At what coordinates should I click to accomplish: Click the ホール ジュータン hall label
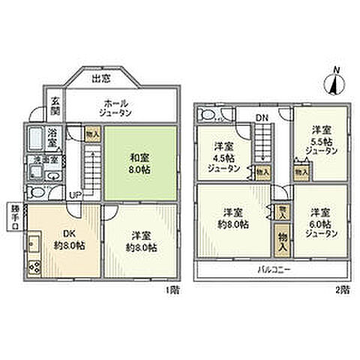pyautogui.click(x=115, y=107)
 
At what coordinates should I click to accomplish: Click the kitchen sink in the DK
pyautogui.click(x=34, y=244)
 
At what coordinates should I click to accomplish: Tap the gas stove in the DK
pyautogui.click(x=34, y=265)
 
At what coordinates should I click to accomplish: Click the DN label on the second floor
pyautogui.click(x=260, y=116)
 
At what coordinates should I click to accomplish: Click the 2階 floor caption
pyautogui.click(x=341, y=288)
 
